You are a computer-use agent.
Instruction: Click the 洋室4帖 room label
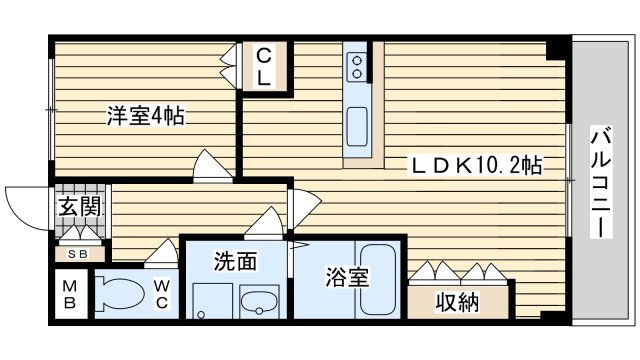(x=146, y=116)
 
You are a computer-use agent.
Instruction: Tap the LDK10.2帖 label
(x=476, y=166)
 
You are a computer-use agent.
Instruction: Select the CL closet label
(x=264, y=67)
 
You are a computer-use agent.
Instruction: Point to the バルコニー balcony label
(x=601, y=182)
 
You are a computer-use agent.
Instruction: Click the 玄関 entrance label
(x=79, y=206)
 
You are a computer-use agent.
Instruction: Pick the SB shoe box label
(x=78, y=254)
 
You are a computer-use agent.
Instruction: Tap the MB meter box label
(x=69, y=295)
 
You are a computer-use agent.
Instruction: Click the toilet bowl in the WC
(x=120, y=293)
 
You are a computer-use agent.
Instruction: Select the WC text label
(x=162, y=295)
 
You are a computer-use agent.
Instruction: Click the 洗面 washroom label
(x=236, y=261)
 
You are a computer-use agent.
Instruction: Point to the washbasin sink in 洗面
(x=260, y=302)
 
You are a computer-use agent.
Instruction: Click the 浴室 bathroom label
(x=347, y=277)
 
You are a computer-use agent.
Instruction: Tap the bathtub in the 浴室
(x=378, y=280)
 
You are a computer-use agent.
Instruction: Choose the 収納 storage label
(x=457, y=302)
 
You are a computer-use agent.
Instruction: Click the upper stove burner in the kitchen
(x=358, y=61)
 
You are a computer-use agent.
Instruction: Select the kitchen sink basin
(x=357, y=127)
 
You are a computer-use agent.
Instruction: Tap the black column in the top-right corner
(x=556, y=48)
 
